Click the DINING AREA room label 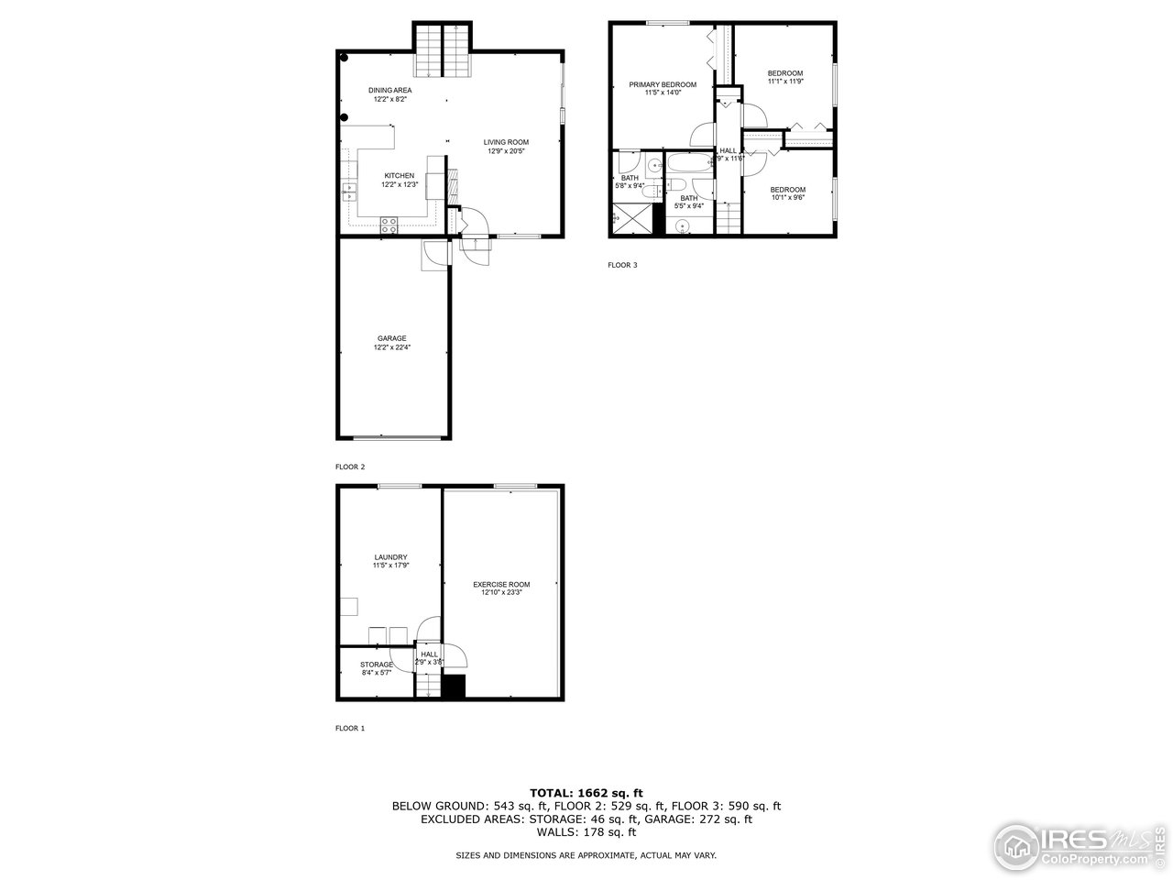(390, 90)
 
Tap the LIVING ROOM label (507, 142)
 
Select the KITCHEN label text (399, 176)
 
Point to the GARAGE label (391, 338)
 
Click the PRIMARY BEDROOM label (663, 84)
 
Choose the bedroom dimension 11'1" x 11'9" (785, 82)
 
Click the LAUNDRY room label (390, 557)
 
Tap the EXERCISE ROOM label (501, 584)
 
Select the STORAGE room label (377, 665)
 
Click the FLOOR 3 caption (622, 266)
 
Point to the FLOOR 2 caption (350, 467)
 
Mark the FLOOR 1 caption (350, 729)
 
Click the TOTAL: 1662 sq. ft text (586, 793)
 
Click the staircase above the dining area (444, 50)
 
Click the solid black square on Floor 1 (454, 687)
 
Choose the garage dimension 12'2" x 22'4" (391, 347)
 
